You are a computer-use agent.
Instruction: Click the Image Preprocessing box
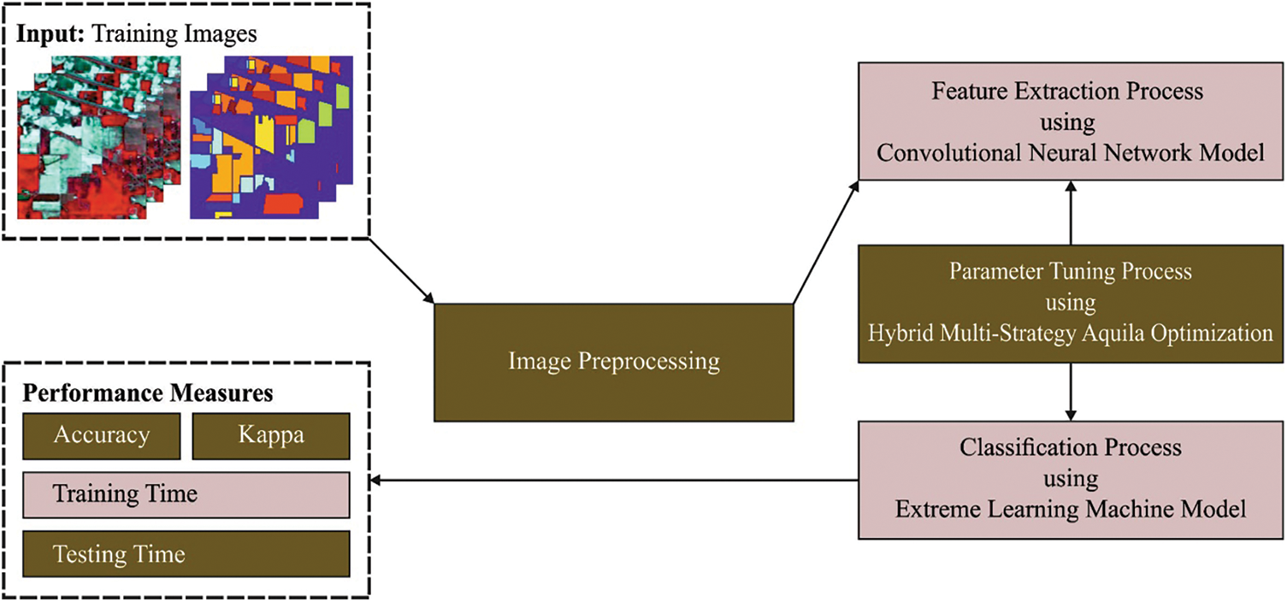[x=613, y=362]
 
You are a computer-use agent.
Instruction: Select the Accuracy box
[x=101, y=435]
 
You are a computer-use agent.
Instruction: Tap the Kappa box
[x=270, y=435]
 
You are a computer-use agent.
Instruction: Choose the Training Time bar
[x=186, y=494]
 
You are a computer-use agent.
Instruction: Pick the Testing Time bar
[x=186, y=553]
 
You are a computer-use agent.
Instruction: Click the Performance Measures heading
[x=147, y=393]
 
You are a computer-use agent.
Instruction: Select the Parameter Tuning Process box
[x=1069, y=303]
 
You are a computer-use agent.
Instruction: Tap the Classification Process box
[x=1069, y=479]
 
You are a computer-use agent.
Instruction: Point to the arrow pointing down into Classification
[x=1070, y=392]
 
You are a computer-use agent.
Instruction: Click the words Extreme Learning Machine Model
[x=1070, y=510]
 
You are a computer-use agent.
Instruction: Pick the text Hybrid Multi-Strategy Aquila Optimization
[x=1070, y=333]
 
